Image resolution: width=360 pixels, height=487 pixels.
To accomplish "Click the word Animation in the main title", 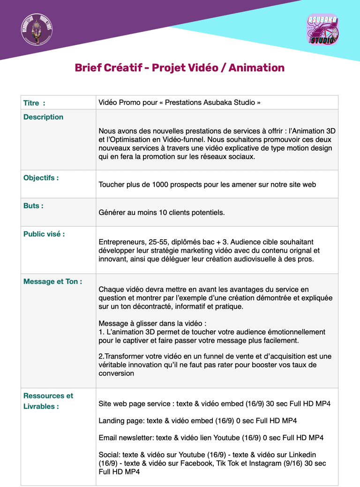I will point(256,68).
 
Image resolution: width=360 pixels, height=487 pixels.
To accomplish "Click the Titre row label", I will point(34,103).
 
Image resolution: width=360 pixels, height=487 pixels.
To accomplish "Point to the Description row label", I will point(43,117).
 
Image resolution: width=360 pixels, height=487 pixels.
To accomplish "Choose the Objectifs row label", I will point(41,178).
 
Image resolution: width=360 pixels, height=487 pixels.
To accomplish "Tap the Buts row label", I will point(33,206).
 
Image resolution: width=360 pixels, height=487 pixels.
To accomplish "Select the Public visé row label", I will point(44,234).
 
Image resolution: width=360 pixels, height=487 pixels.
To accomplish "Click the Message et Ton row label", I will point(52,282).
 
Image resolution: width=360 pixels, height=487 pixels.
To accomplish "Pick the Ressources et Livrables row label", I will point(48,401).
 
